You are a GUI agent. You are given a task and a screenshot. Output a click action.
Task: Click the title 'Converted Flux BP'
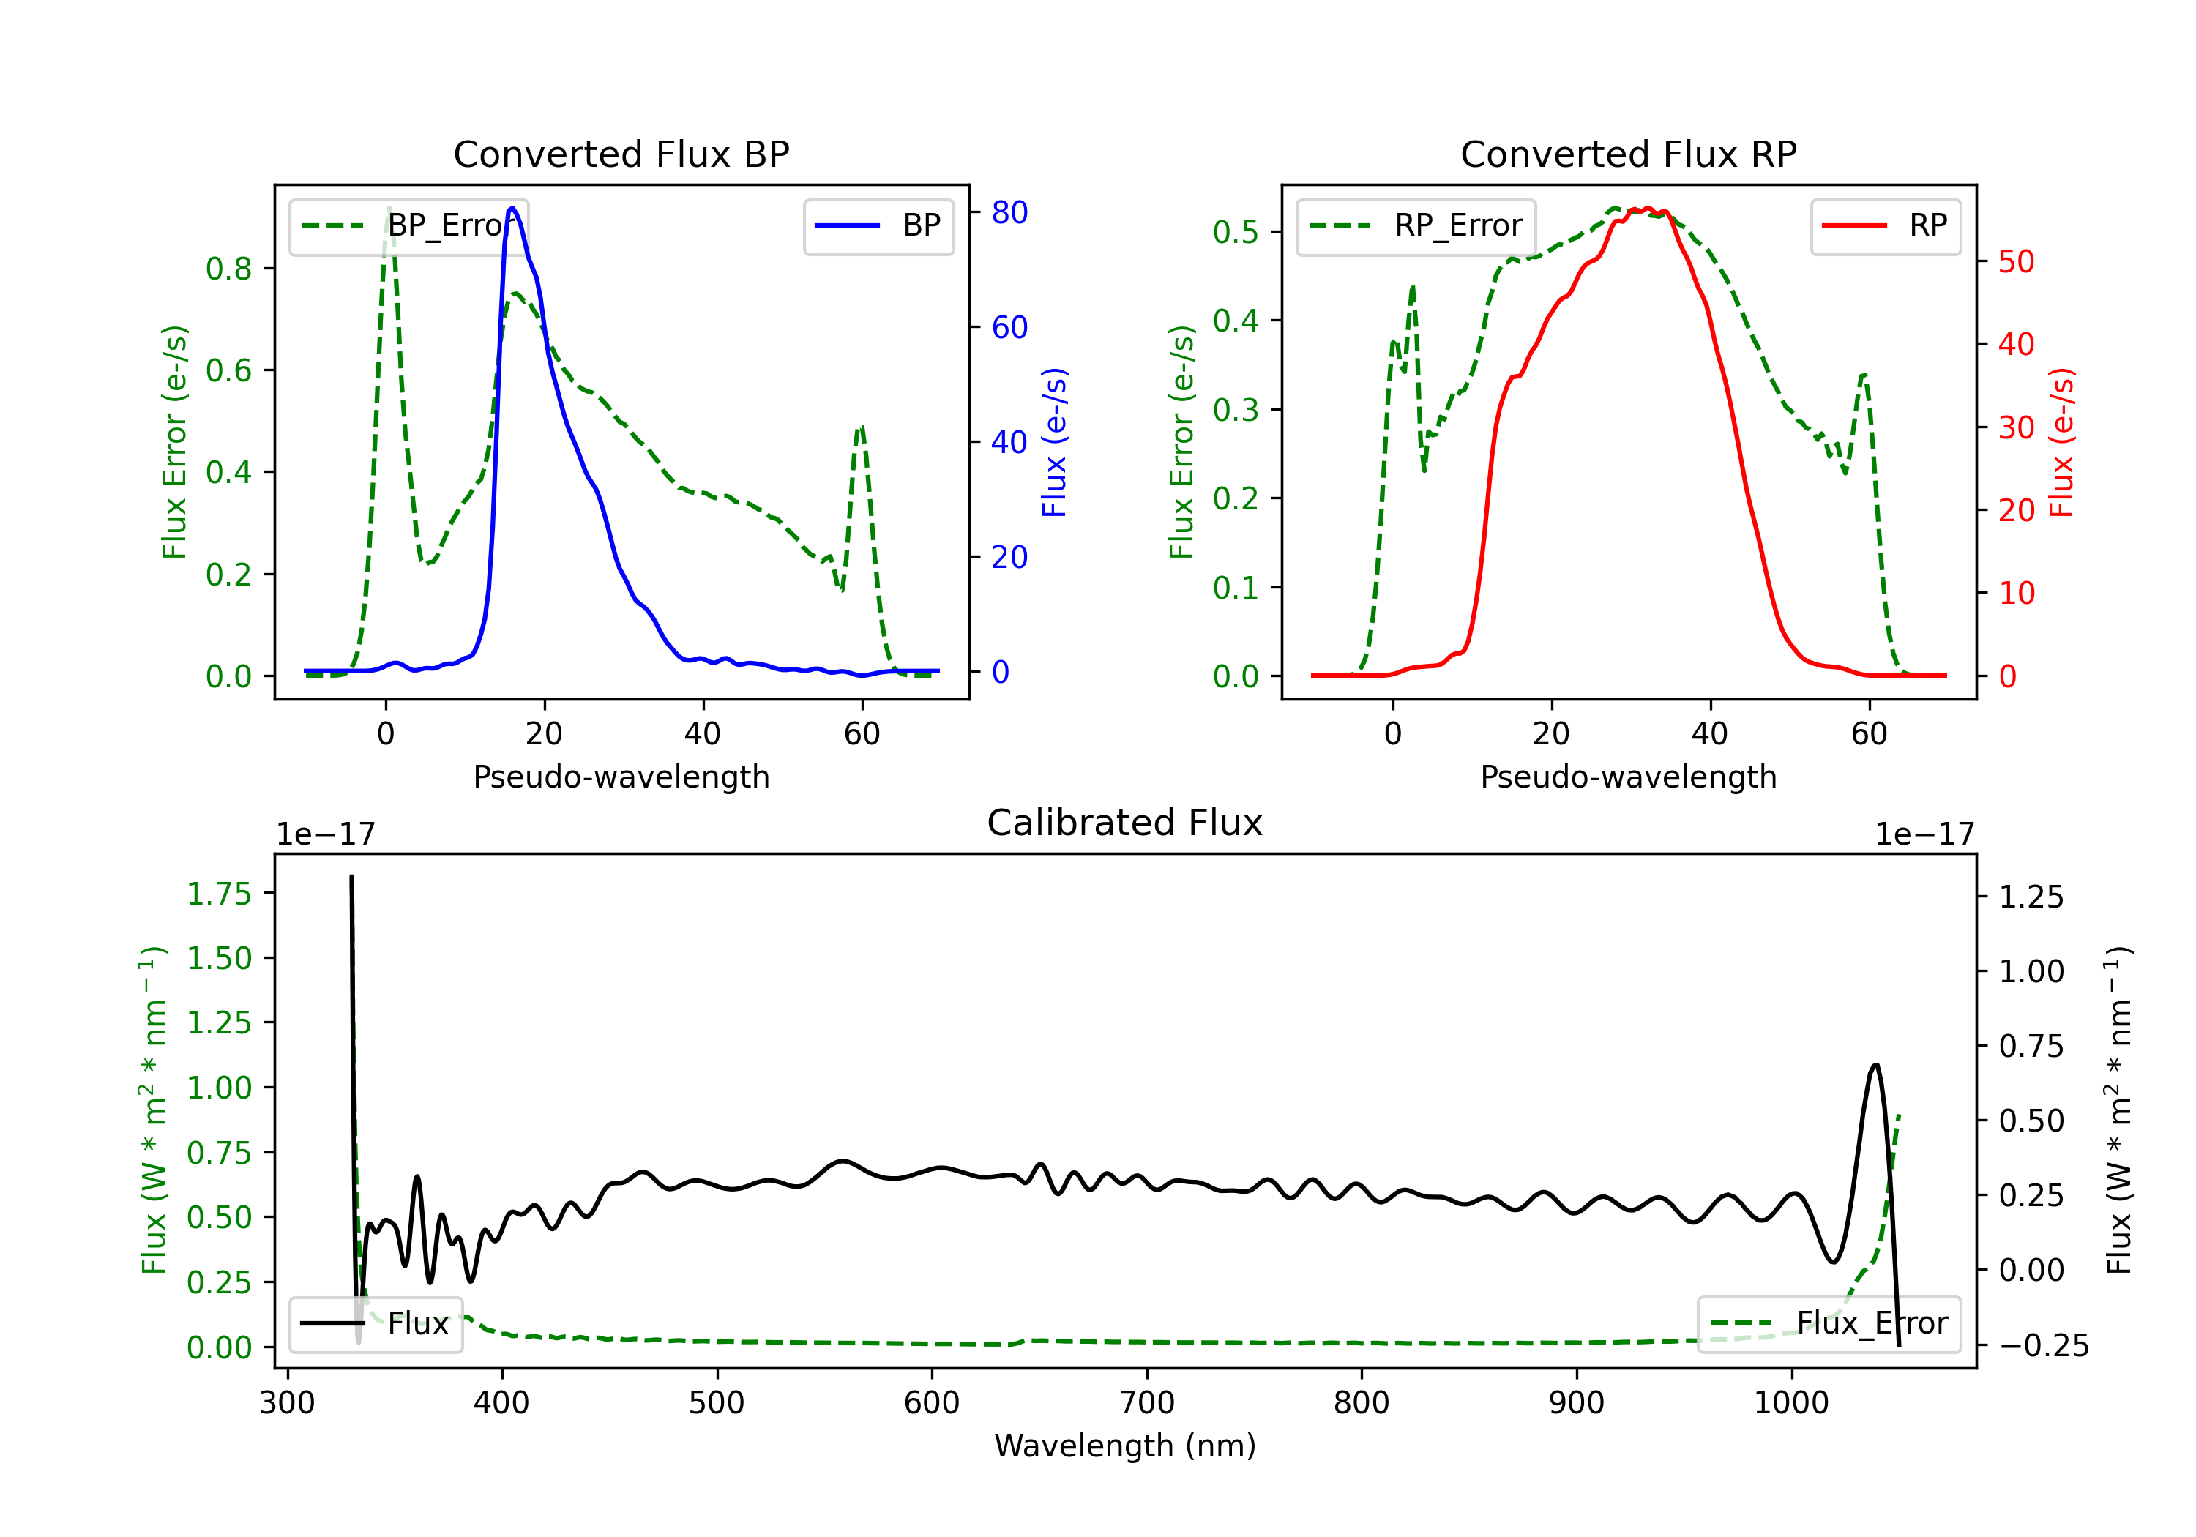621,154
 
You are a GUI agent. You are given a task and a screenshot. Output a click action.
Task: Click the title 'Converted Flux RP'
1628,154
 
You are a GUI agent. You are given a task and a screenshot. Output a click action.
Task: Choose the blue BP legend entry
878,225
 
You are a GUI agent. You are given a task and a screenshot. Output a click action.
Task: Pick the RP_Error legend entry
1416,225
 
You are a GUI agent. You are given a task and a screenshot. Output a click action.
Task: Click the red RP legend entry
1885,225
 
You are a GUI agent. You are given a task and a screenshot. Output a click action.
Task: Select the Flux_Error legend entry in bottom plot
1828,1324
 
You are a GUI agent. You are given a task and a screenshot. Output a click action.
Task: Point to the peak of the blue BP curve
512,208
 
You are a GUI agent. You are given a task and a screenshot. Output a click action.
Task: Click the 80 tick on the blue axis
1009,212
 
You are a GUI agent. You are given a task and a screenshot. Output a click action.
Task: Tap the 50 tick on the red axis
2016,262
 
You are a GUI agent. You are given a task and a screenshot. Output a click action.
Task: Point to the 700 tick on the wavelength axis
1147,1402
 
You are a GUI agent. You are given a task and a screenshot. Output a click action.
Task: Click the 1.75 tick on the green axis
219,894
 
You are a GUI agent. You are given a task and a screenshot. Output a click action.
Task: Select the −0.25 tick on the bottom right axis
2044,1346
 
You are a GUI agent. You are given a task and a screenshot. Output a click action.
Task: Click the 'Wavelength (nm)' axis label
1125,1446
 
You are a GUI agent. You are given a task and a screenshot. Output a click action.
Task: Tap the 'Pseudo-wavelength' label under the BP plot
621,777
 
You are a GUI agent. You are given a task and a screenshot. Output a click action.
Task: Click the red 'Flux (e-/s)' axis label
2061,443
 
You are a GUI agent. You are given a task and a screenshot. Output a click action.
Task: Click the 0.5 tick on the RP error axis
1235,231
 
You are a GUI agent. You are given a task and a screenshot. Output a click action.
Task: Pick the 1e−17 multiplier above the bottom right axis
1924,834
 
